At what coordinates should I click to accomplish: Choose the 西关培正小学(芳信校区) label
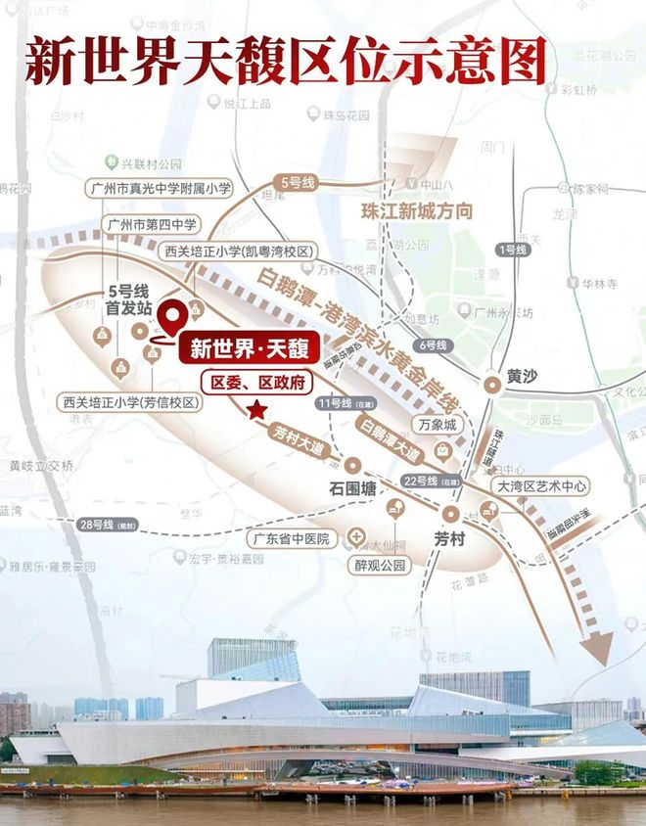point(131,402)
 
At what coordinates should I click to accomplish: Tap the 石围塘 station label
point(350,488)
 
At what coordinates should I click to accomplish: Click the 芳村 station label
point(451,537)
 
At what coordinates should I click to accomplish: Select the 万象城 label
point(437,426)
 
